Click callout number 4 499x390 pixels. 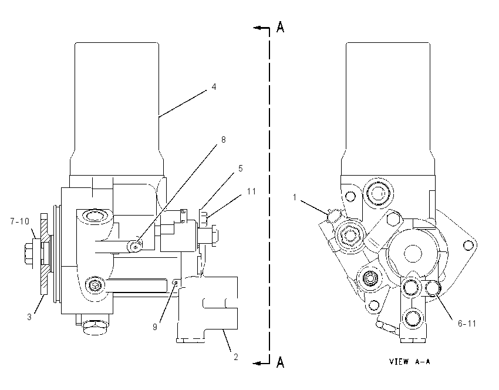coord(214,86)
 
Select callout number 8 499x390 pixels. coord(224,139)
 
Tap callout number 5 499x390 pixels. coord(241,169)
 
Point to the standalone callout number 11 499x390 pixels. coord(251,191)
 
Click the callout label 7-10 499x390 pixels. coord(20,221)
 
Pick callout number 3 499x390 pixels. coord(29,317)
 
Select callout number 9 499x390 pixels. coord(155,327)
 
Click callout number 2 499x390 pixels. coord(236,357)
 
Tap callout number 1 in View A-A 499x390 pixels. coord(295,197)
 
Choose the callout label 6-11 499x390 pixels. coord(467,324)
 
